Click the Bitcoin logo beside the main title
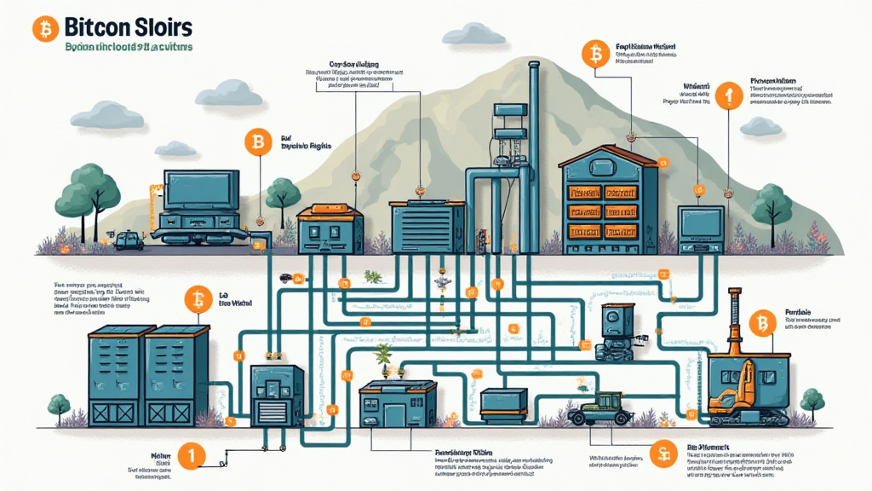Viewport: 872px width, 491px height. [44, 30]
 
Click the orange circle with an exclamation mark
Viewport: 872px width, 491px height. [730, 95]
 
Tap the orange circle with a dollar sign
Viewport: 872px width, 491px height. [658, 453]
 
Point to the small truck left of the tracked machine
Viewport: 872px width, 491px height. [129, 241]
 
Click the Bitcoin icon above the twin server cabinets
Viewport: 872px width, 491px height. [198, 299]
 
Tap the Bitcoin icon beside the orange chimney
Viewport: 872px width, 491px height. [761, 323]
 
